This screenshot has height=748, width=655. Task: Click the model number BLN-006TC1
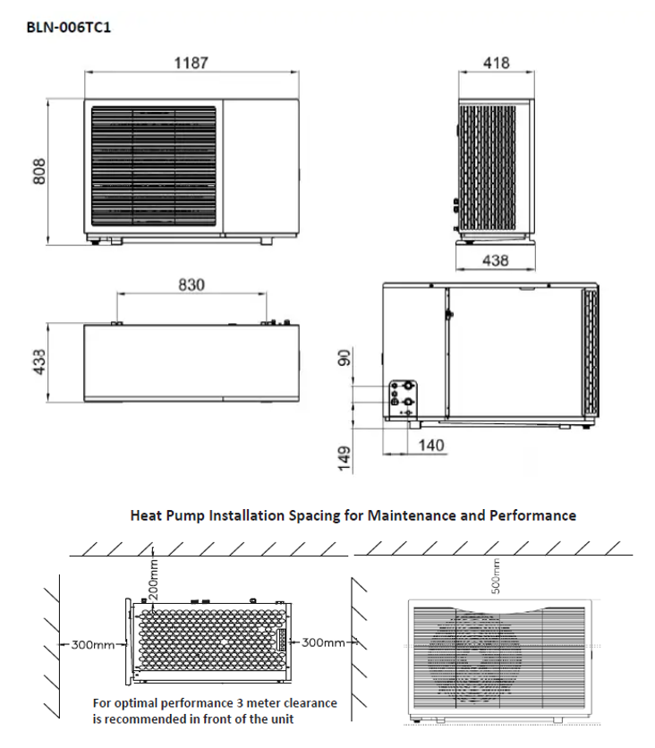[69, 27]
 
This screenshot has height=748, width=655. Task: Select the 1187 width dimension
[191, 63]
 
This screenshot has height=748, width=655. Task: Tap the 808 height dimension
[39, 171]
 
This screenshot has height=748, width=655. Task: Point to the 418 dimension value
[496, 63]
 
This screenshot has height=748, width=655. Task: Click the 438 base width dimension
[496, 260]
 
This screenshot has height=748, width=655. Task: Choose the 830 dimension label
[191, 285]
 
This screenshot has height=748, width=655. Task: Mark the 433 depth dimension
[39, 361]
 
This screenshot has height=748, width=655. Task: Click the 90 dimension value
[344, 358]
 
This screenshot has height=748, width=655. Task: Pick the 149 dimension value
[344, 459]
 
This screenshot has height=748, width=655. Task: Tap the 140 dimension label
[431, 446]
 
